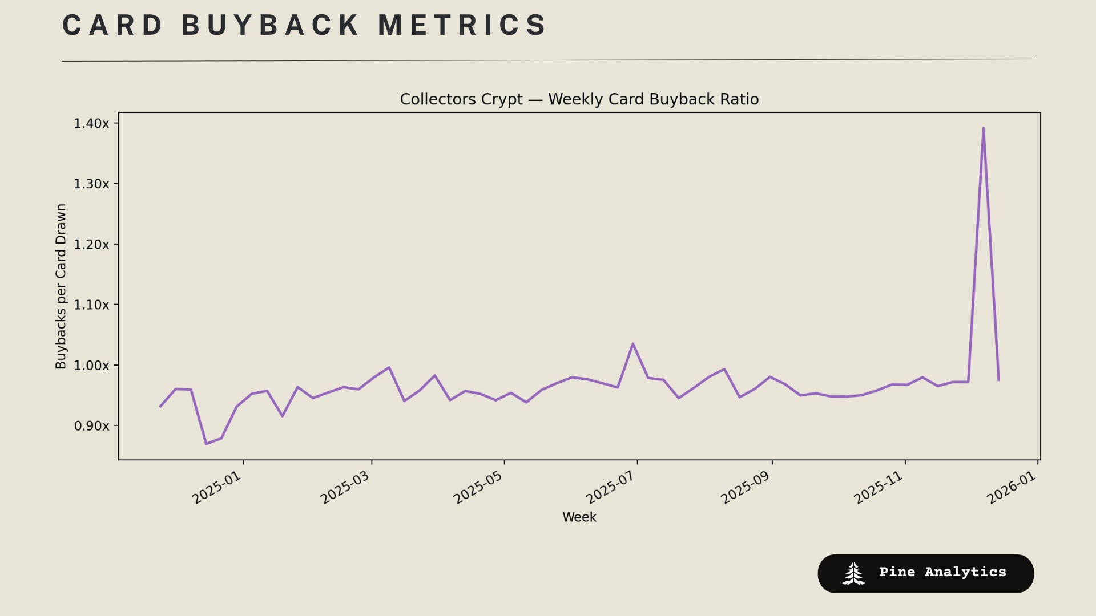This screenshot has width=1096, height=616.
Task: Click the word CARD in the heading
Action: click(x=112, y=26)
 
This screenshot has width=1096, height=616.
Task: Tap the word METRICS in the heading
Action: click(x=462, y=26)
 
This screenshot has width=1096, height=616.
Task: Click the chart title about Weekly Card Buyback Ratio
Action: click(x=579, y=99)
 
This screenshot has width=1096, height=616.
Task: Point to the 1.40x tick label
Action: click(x=91, y=123)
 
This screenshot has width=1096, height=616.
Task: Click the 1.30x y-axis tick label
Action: click(x=91, y=184)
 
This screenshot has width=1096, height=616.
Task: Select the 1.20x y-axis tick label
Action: click(x=91, y=244)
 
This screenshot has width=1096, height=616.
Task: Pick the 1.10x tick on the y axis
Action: click(x=91, y=305)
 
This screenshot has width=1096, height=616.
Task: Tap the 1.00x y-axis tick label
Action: click(x=91, y=365)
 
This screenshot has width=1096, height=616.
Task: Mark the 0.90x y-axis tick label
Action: click(x=91, y=425)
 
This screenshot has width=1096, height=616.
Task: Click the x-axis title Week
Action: click(x=579, y=517)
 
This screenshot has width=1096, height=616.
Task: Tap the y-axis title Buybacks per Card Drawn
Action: click(x=61, y=286)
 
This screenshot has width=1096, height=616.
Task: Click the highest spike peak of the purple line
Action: click(x=983, y=128)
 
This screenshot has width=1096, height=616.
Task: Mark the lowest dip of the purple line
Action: click(x=206, y=443)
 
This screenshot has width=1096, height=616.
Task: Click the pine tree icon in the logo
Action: click(x=853, y=573)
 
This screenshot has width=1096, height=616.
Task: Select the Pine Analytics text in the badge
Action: click(x=942, y=572)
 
